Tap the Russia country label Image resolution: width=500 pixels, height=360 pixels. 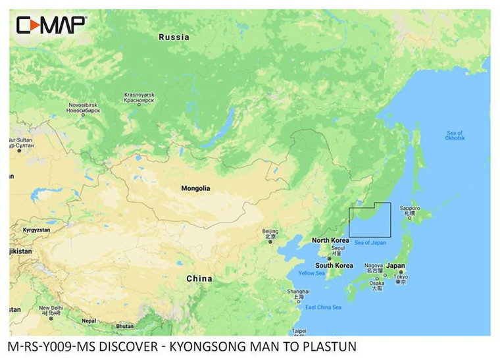click(174, 38)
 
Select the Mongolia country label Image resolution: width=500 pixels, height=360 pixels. click(195, 188)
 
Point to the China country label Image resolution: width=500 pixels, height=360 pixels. click(199, 278)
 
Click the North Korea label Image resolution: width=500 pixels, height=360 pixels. click(330, 240)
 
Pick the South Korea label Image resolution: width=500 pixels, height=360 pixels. click(333, 265)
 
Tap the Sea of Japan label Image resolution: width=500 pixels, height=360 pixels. click(370, 243)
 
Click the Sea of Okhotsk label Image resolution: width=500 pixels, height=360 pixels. click(455, 136)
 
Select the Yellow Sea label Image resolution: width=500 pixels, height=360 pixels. click(311, 273)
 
